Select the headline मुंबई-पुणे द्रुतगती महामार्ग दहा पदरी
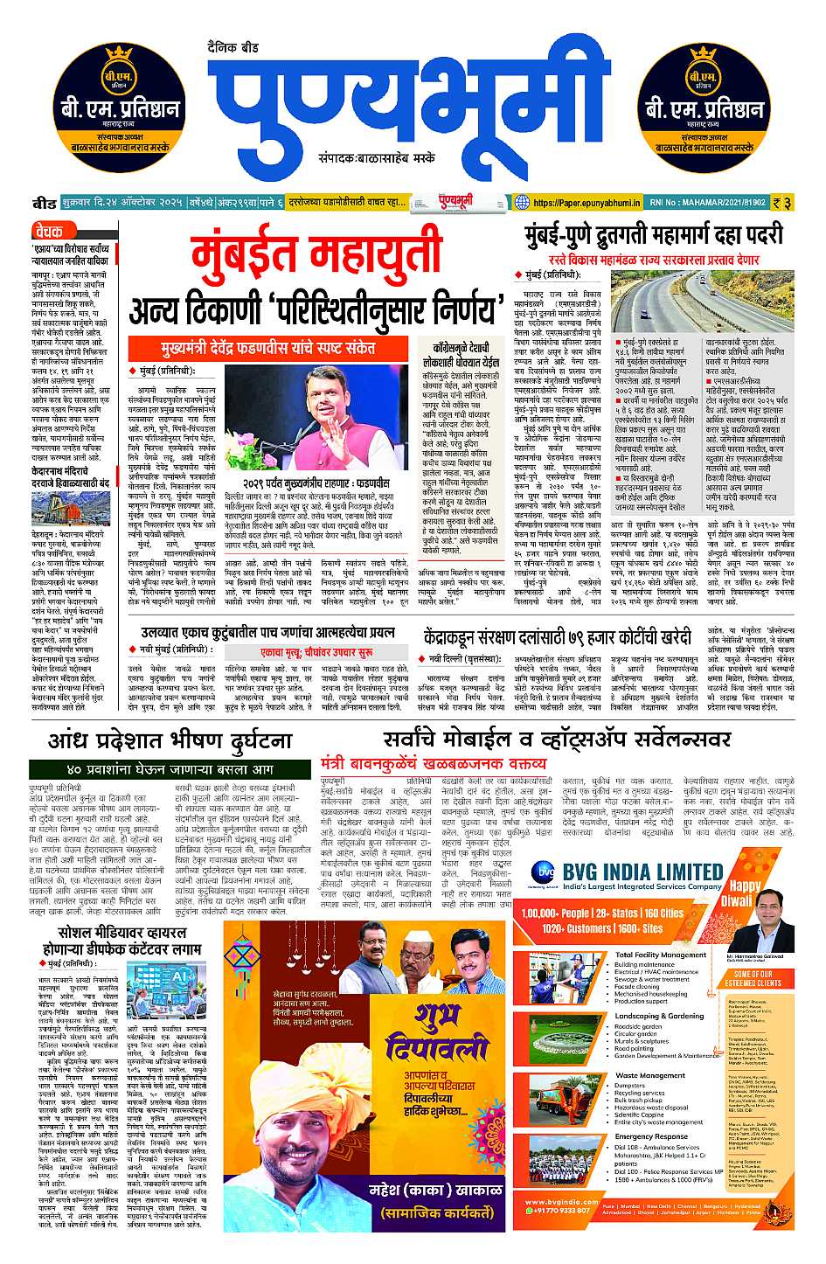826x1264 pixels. [654, 235]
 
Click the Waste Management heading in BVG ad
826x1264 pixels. [649, 1075]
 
